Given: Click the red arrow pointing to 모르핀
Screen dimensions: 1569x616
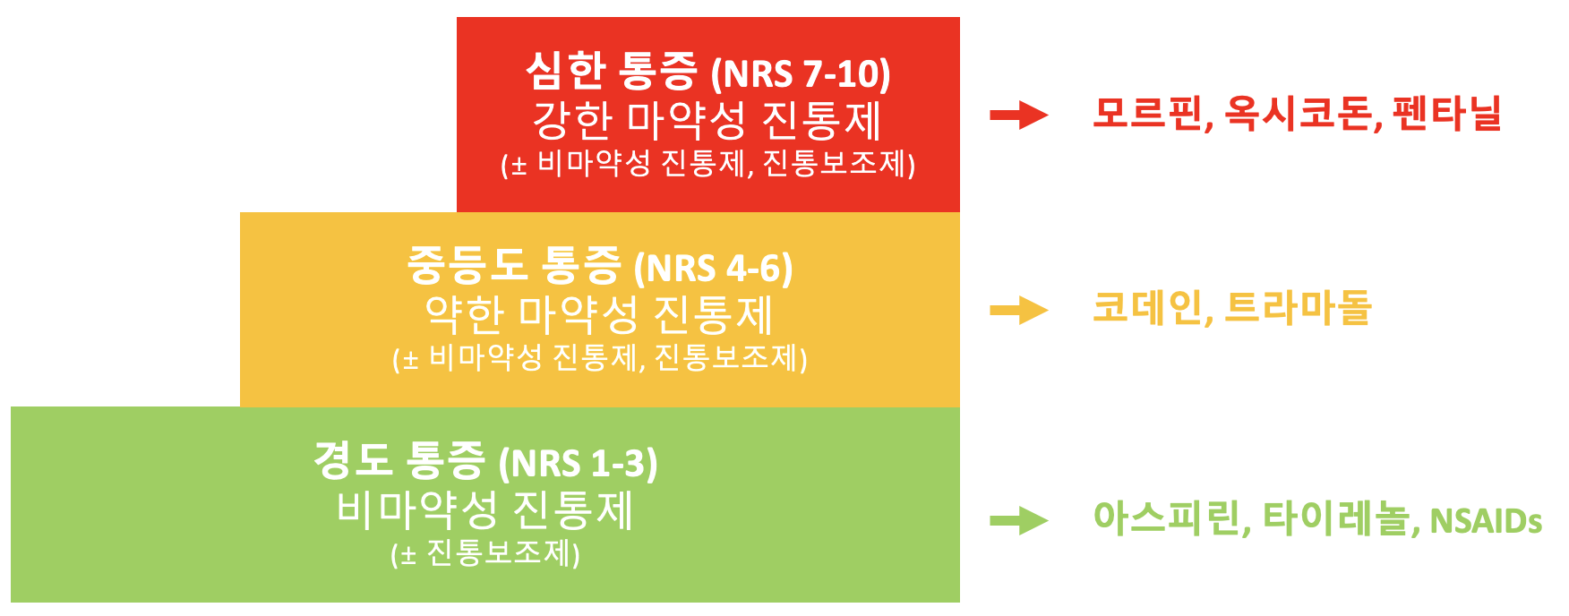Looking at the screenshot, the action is pos(1019,115).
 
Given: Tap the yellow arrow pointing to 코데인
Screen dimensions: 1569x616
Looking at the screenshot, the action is pos(1019,311).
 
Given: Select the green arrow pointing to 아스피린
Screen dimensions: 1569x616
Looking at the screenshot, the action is pos(1019,520).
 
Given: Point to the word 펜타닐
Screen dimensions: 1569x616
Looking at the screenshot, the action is pos(1447,114).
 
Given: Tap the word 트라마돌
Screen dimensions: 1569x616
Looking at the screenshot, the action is pos(1298,309).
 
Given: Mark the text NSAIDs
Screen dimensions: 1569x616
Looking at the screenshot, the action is pos(1486,521).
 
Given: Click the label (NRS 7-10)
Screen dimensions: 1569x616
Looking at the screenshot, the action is pos(801,74).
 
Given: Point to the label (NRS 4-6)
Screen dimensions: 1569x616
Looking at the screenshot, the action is pos(713,269).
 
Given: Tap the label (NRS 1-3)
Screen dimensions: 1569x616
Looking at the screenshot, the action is pos(579,464).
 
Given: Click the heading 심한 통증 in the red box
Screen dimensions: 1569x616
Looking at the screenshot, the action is pos(611,72).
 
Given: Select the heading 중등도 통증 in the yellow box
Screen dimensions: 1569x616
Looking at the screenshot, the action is pos(514,266).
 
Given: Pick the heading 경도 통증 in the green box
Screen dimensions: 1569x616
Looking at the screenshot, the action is pos(399,461).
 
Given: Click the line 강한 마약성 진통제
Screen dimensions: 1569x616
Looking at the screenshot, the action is pos(708,120).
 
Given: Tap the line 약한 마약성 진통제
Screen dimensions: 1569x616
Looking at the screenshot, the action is pos(599,314).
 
